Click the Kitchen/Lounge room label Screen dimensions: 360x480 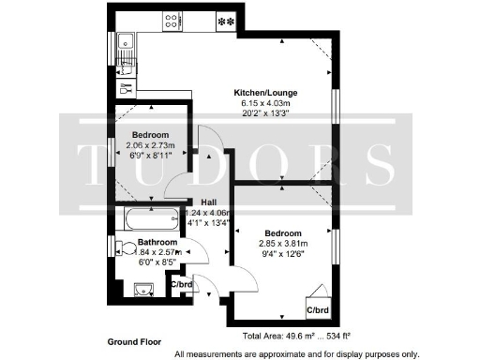point(264,92)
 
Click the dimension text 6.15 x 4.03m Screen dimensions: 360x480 point(264,103)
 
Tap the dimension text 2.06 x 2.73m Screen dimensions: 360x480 point(149,145)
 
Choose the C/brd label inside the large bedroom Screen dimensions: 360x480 point(317,308)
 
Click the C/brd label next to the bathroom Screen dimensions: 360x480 point(184,284)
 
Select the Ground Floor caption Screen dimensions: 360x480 point(135,340)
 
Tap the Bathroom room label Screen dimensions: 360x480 point(130,242)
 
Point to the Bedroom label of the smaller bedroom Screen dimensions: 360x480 point(149,134)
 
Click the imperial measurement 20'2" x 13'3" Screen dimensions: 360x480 point(264,114)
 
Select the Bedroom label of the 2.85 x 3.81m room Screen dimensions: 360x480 point(282,232)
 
